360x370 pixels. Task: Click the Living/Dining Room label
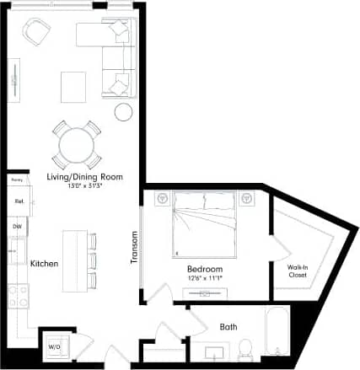pyautogui.click(x=85, y=177)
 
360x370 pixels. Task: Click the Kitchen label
pyautogui.click(x=44, y=264)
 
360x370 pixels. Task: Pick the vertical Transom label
pyautogui.click(x=134, y=249)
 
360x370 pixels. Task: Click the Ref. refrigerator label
pyautogui.click(x=19, y=201)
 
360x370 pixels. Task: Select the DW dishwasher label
pyautogui.click(x=17, y=227)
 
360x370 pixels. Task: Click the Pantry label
pyautogui.click(x=16, y=180)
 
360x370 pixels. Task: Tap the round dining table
pyautogui.click(x=78, y=145)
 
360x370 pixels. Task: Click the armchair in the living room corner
pyautogui.click(x=37, y=33)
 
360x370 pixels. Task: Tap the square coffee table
pyautogui.click(x=73, y=87)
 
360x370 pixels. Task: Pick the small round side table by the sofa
pyautogui.click(x=123, y=111)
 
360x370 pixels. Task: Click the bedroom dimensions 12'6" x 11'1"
pyautogui.click(x=205, y=277)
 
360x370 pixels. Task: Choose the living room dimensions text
pyautogui.click(x=85, y=185)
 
